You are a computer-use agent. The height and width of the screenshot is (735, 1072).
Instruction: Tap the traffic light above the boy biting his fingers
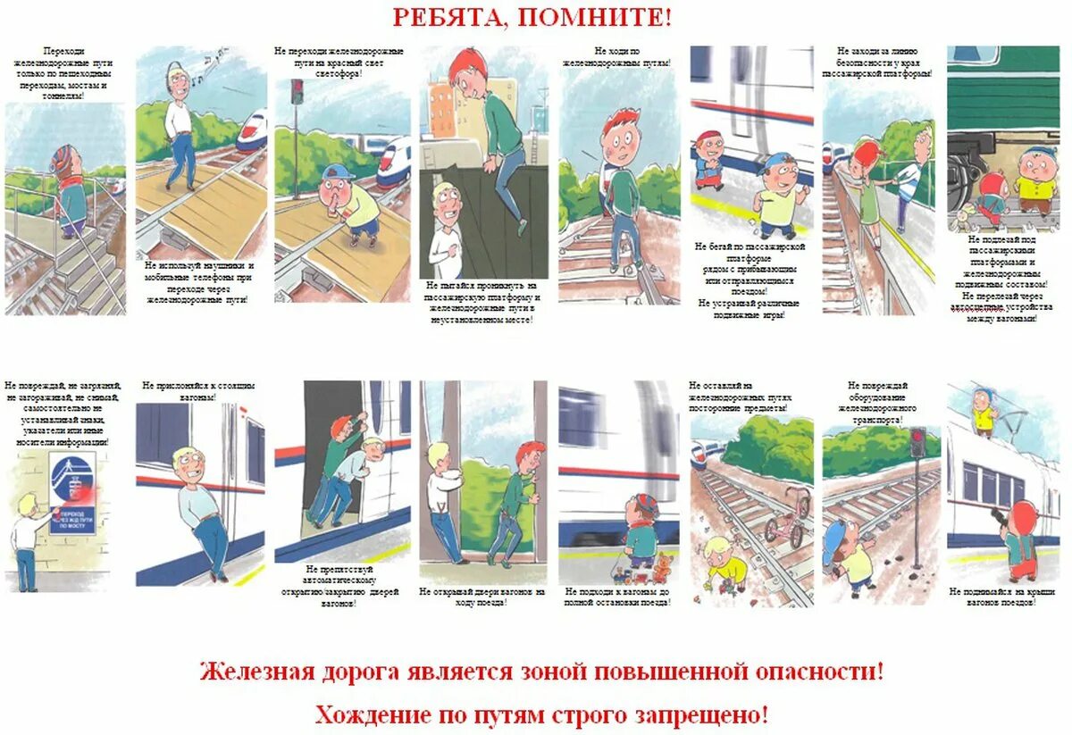297,91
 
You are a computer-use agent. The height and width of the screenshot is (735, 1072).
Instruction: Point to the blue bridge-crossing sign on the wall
72,493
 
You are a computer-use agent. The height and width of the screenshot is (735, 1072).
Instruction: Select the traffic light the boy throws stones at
917,443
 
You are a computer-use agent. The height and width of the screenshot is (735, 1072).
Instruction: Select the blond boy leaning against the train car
197,509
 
